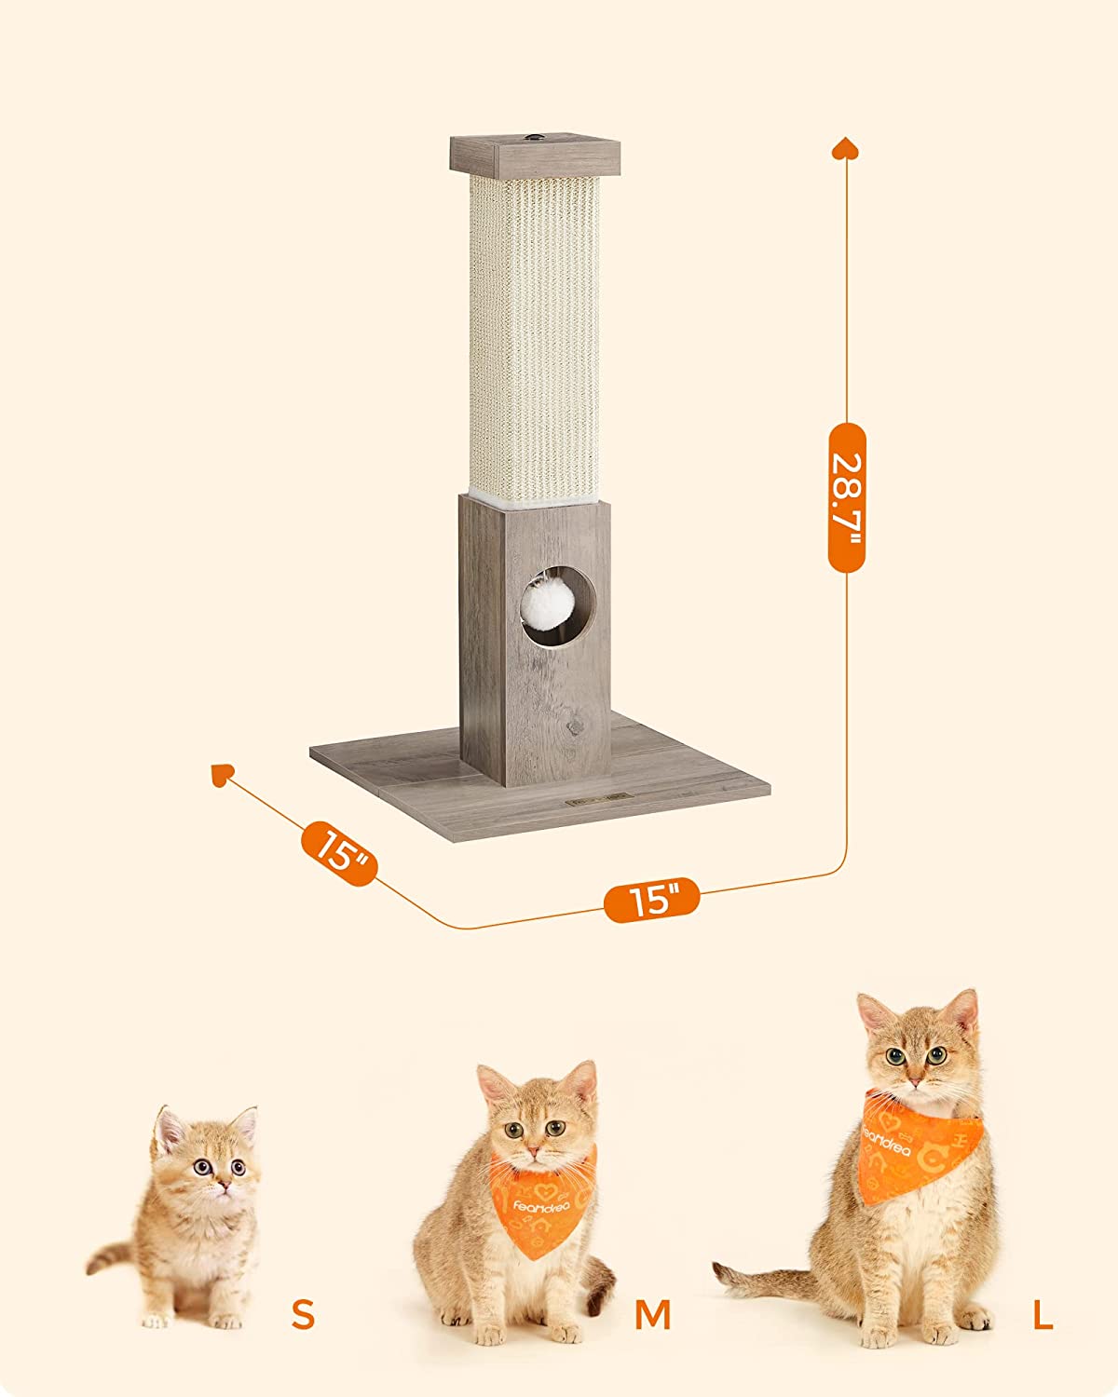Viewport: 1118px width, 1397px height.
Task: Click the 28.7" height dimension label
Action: pyautogui.click(x=846, y=497)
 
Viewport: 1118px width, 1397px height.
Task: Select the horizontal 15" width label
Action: pyautogui.click(x=651, y=901)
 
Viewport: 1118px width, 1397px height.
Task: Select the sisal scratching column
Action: pyautogui.click(x=534, y=335)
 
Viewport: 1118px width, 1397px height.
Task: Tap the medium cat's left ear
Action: pyautogui.click(x=494, y=1086)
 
